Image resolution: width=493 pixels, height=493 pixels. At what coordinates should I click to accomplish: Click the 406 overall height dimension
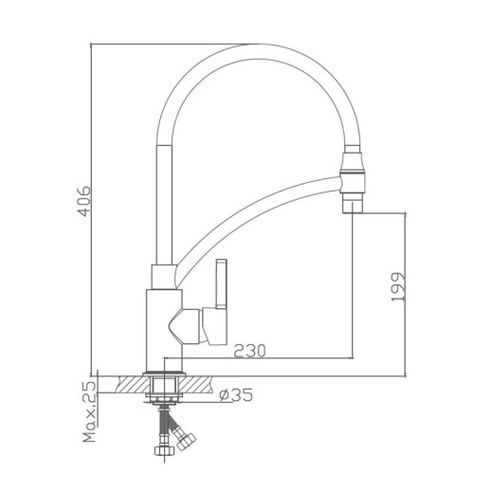tap(84, 201)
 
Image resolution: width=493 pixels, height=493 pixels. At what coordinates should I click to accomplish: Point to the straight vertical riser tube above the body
tap(161, 199)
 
